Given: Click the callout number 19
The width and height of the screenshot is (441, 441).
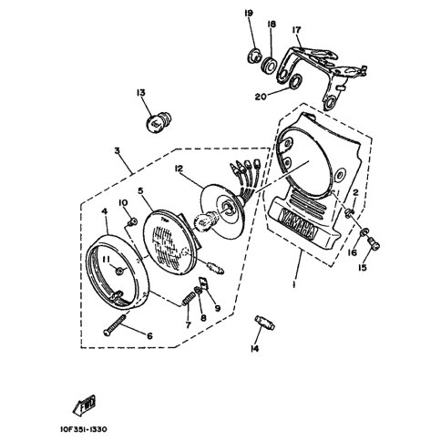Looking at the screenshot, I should point(248,13).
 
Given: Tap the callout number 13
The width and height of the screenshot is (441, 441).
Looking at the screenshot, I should point(141,93).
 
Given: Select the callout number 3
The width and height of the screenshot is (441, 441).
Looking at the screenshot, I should point(117,151).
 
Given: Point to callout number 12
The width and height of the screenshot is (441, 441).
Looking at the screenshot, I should point(180,169).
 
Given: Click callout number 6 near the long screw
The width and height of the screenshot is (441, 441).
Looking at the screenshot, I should point(149,335).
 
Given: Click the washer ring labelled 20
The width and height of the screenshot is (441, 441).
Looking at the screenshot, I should point(297,85).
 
